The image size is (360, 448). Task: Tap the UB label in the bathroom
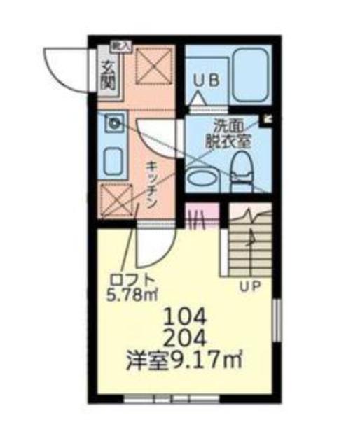pyautogui.click(x=207, y=80)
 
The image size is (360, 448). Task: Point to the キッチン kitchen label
pyautogui.click(x=151, y=183)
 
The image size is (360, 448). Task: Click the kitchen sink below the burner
pyautogui.click(x=114, y=162)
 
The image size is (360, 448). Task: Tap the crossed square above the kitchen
pyautogui.click(x=149, y=67)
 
